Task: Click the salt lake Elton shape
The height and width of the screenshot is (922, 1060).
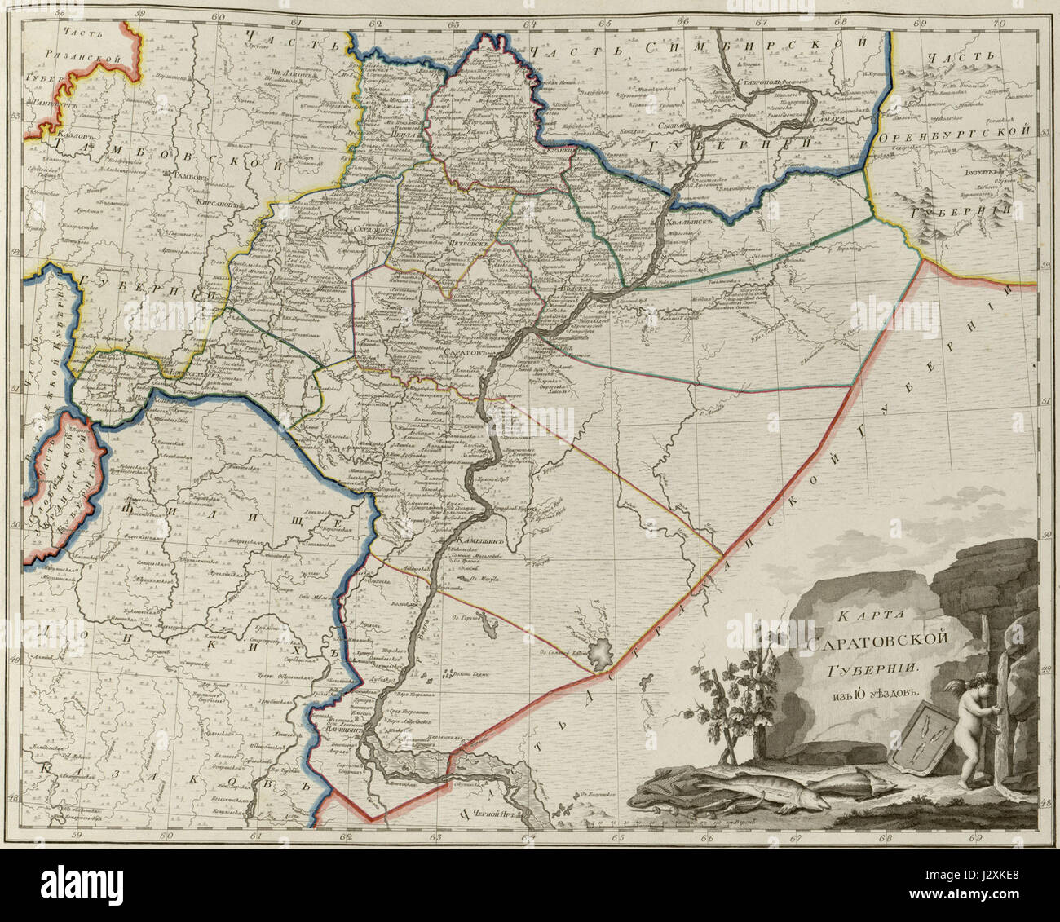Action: [x=603, y=652]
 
